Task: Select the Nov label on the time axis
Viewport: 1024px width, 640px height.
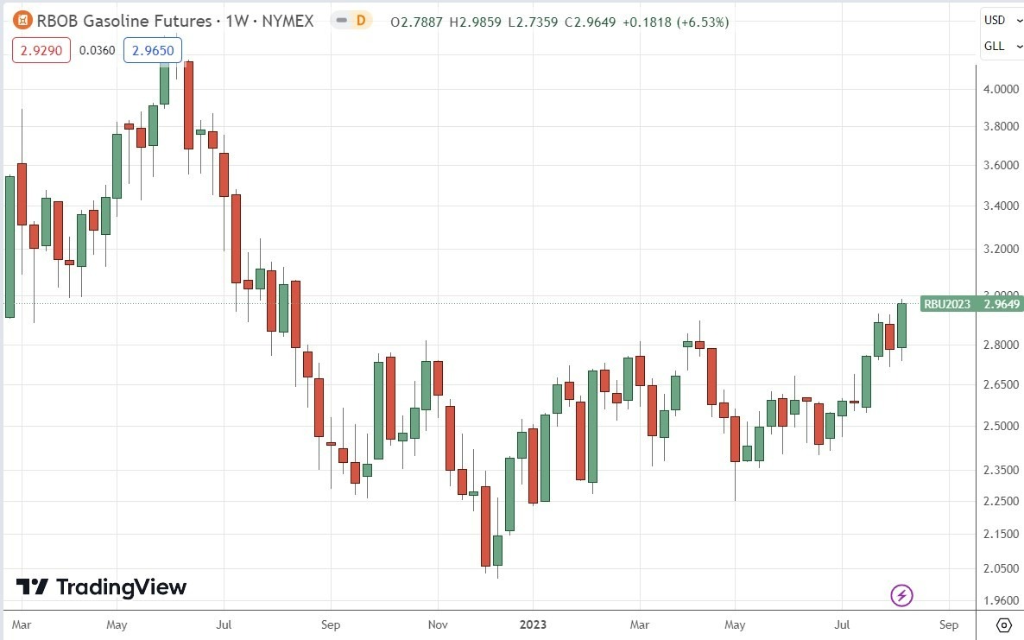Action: click(x=438, y=624)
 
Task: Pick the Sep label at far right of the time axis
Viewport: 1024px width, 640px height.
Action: click(x=948, y=624)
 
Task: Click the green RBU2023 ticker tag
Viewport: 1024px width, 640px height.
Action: click(x=947, y=303)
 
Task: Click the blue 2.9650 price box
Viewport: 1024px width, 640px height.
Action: click(x=152, y=51)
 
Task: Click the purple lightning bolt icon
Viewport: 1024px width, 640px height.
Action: click(x=901, y=595)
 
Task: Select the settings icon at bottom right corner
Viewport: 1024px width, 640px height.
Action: click(x=1004, y=624)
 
